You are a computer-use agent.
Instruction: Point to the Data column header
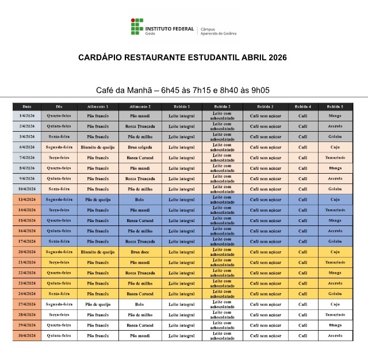pos(27,106)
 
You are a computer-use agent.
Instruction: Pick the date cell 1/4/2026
pos(27,116)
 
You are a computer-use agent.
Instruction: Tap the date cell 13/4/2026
pos(27,200)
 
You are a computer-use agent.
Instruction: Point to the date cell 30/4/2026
pos(27,335)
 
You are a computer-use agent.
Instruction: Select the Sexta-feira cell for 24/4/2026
pos(59,294)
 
